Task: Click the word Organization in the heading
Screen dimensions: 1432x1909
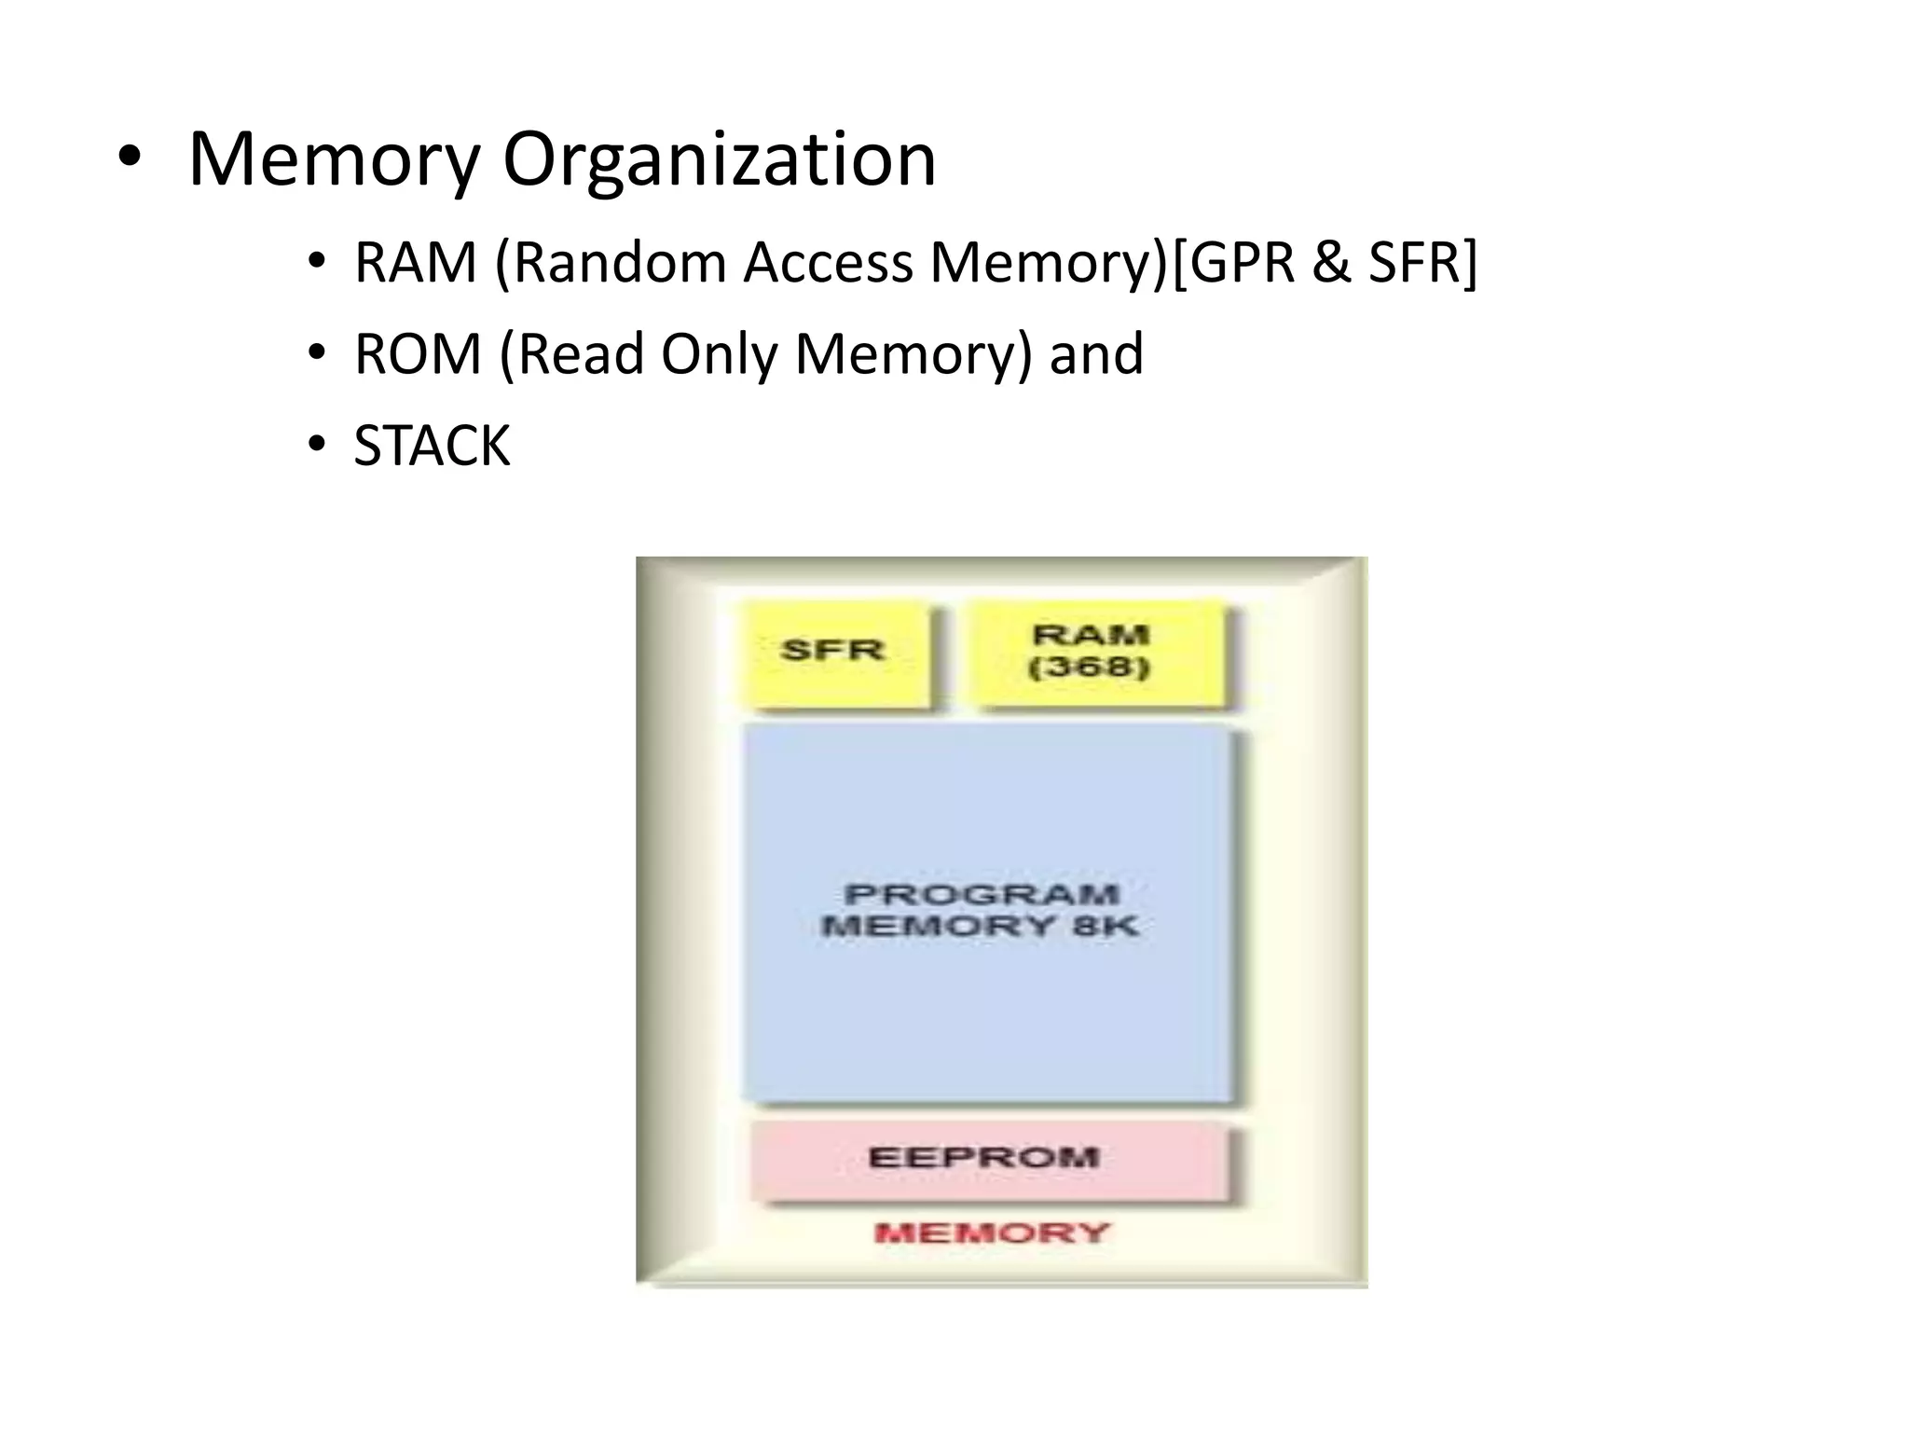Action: click(x=719, y=160)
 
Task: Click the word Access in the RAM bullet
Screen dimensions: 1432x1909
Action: click(x=828, y=264)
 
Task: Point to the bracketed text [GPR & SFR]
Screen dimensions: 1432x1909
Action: click(x=1325, y=264)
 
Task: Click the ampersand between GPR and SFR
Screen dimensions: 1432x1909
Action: click(x=1330, y=264)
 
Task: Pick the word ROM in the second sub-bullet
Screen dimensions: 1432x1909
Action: click(x=418, y=355)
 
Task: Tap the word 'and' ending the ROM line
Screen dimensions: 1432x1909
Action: click(x=1096, y=355)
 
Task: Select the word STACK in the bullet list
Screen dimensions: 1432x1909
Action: click(x=432, y=447)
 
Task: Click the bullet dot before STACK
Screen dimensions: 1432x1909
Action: click(x=317, y=444)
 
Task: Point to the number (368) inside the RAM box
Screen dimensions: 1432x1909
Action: click(x=1090, y=668)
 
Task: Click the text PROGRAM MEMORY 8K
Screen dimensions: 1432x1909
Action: click(x=981, y=911)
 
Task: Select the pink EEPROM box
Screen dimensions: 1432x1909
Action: click(x=987, y=1159)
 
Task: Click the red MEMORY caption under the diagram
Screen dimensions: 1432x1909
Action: click(x=992, y=1233)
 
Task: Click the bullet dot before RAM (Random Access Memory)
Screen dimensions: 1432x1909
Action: click(x=317, y=260)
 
